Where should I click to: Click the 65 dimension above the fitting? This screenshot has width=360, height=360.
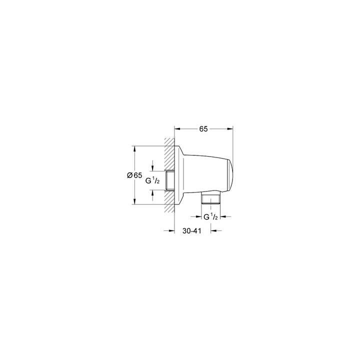[203, 129]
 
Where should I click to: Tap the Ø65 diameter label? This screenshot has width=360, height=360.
[134, 175]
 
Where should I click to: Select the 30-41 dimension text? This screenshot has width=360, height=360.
[191, 230]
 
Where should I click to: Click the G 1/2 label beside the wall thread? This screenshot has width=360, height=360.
[152, 180]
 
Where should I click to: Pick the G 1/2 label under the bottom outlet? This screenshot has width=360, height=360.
[210, 216]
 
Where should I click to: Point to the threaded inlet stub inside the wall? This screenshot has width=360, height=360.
[169, 180]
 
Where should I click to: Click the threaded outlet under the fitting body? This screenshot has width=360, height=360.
[211, 198]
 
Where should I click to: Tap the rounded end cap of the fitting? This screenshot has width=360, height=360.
[230, 175]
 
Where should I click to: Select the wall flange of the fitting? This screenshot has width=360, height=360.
[179, 175]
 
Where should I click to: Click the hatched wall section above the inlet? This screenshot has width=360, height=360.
[169, 154]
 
